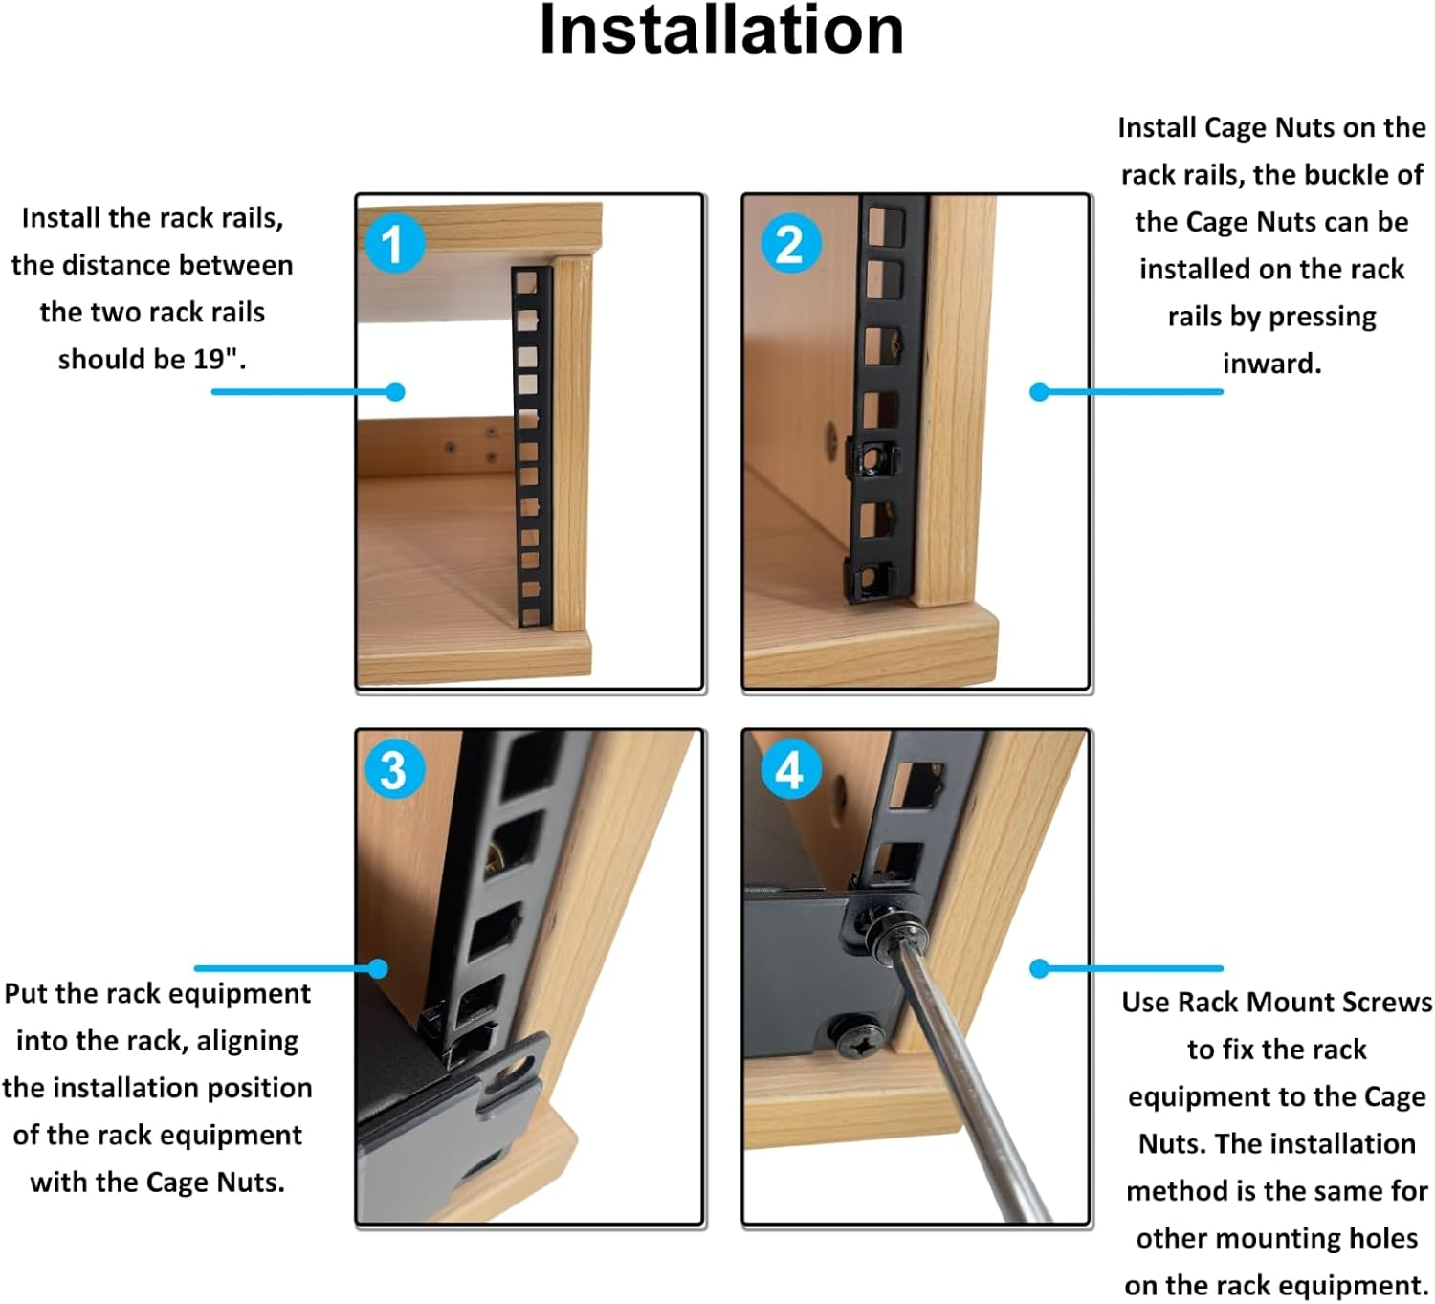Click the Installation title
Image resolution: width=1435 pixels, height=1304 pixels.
[x=721, y=32]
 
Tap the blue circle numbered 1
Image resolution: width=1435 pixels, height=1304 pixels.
[x=393, y=244]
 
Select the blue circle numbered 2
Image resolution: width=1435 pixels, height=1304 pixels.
[x=790, y=244]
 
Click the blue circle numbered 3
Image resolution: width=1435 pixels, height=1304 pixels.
[x=393, y=770]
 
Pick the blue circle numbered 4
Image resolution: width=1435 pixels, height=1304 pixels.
[x=790, y=770]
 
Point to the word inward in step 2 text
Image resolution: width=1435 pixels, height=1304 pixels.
[x=1271, y=364]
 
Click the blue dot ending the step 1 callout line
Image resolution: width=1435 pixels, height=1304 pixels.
[x=395, y=391]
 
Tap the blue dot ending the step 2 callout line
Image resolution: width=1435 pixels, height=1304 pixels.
[x=1040, y=391]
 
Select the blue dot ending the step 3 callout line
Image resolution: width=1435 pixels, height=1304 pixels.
[x=378, y=968]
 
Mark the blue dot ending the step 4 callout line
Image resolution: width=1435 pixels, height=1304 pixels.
[x=1040, y=968]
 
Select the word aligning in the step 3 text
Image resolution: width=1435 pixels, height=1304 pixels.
[x=247, y=1041]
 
